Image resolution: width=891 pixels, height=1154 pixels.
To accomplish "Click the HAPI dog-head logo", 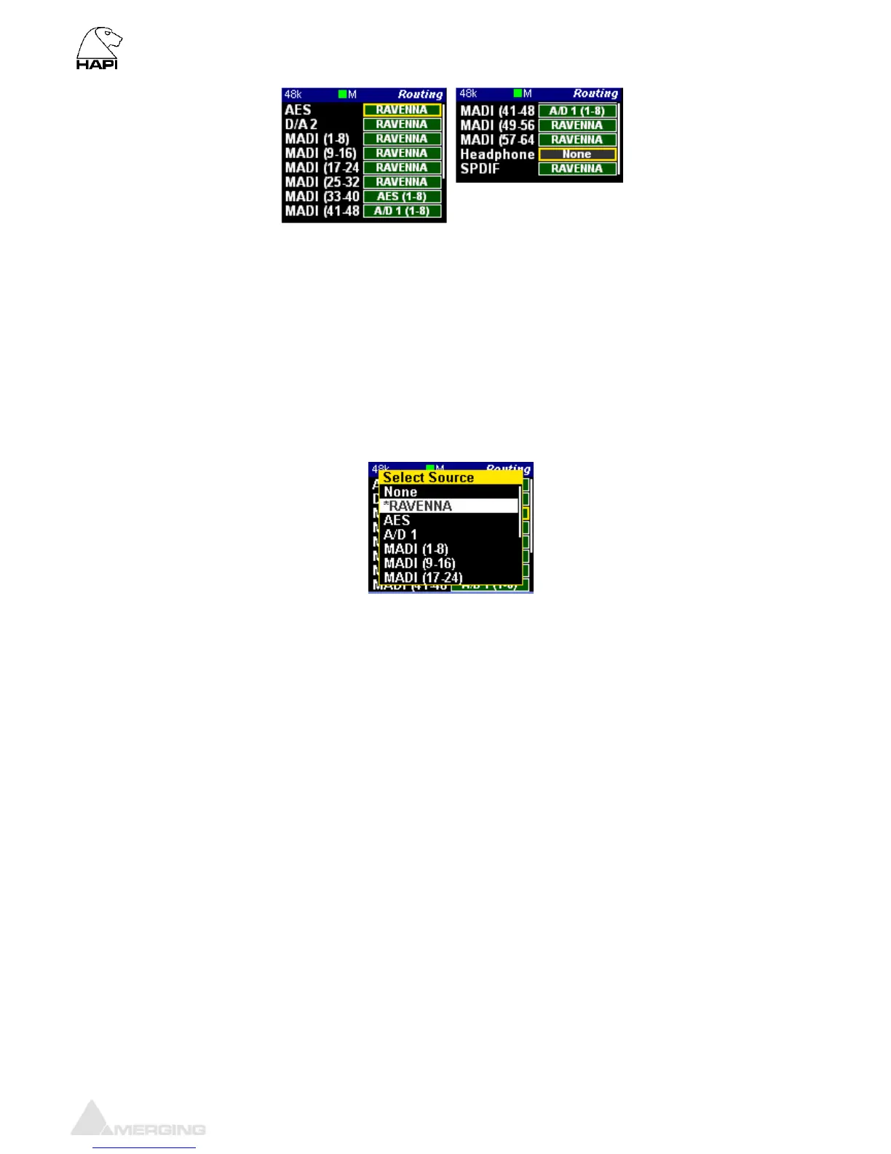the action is (98, 48).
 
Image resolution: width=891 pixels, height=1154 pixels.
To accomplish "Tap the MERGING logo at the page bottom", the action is (138, 1120).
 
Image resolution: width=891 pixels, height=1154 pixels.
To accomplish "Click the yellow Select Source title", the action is (428, 477).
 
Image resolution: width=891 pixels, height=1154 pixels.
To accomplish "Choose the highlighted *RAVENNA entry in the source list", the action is (448, 506).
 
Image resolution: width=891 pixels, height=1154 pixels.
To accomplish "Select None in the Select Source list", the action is (400, 492).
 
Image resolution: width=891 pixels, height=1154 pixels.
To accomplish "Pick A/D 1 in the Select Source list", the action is (400, 535).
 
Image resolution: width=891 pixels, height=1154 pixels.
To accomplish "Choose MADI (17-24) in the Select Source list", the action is (423, 578).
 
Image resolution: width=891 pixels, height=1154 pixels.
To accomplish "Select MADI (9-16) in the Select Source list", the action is (419, 563).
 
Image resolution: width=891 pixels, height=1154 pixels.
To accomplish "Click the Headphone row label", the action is (497, 154).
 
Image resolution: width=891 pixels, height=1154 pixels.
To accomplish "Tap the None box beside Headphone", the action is (577, 154).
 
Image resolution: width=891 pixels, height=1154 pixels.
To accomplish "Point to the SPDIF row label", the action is (480, 168).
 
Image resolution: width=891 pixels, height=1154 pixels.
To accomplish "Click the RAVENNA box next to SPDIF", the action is (577, 168).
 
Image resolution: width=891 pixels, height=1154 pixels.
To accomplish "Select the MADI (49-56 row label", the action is (497, 125).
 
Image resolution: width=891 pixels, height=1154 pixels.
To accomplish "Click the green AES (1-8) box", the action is (402, 197).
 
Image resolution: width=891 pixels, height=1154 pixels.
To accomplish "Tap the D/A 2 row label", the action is (301, 125).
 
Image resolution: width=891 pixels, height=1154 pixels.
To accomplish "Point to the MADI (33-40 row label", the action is (322, 197).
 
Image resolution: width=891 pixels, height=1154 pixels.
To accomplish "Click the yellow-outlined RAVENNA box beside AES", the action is (402, 110).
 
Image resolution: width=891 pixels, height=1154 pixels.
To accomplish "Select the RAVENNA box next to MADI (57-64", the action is (577, 140).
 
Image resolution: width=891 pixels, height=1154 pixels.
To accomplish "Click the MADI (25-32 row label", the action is (322, 182).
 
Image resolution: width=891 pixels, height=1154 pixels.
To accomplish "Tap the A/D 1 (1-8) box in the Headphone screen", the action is (577, 111).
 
